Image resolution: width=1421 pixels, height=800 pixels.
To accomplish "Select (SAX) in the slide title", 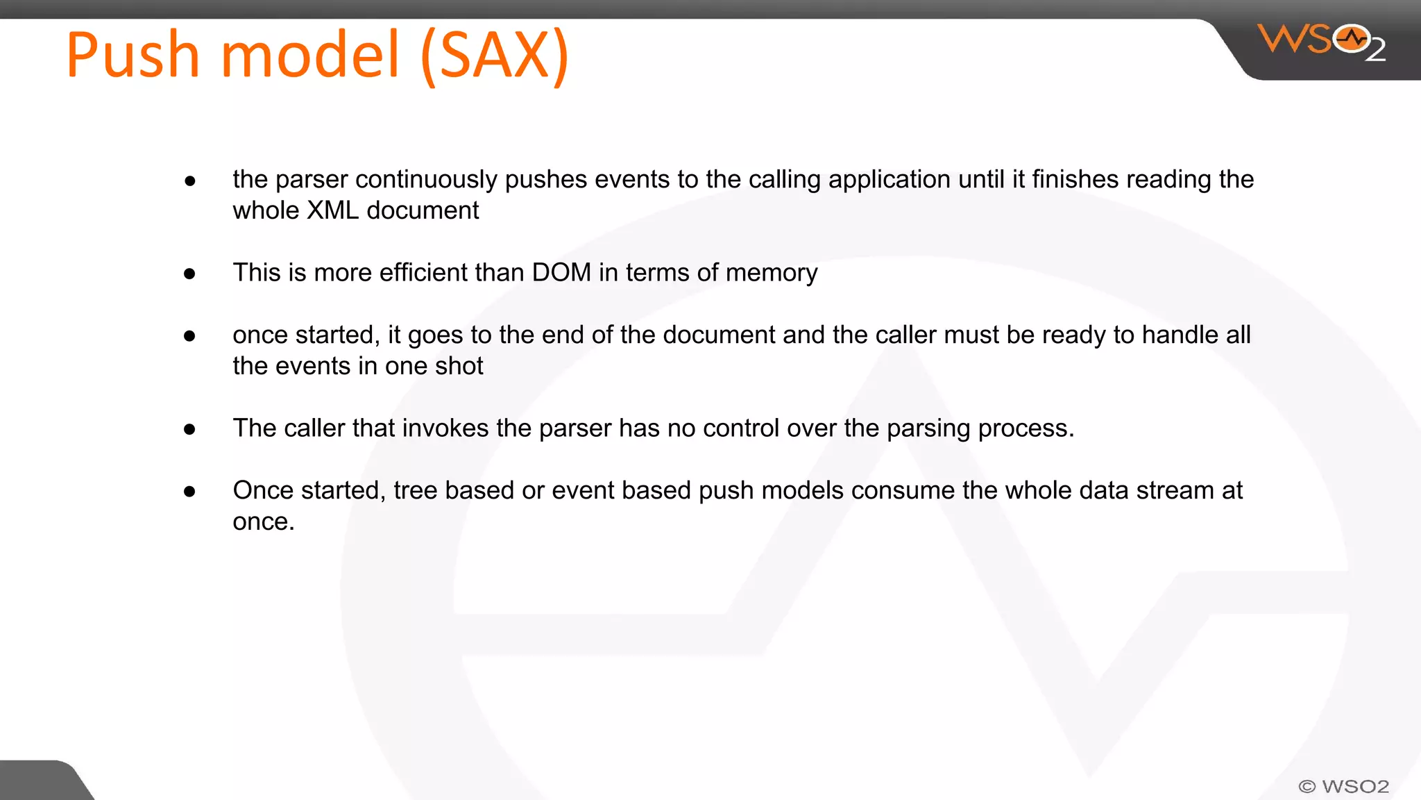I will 495,56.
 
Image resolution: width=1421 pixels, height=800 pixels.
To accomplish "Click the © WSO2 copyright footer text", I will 1343,786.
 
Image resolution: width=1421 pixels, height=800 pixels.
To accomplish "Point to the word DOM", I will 561,272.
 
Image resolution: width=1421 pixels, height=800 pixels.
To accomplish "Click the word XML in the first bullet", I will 332,210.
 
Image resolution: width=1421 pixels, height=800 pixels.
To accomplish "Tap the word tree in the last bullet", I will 416,490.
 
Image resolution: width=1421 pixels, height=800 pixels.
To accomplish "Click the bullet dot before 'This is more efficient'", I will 189,274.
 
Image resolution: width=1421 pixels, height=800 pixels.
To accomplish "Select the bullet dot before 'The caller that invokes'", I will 189,429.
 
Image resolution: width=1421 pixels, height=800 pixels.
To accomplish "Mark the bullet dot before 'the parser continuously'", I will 189,181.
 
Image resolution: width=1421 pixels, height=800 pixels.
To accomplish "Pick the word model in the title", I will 310,55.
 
